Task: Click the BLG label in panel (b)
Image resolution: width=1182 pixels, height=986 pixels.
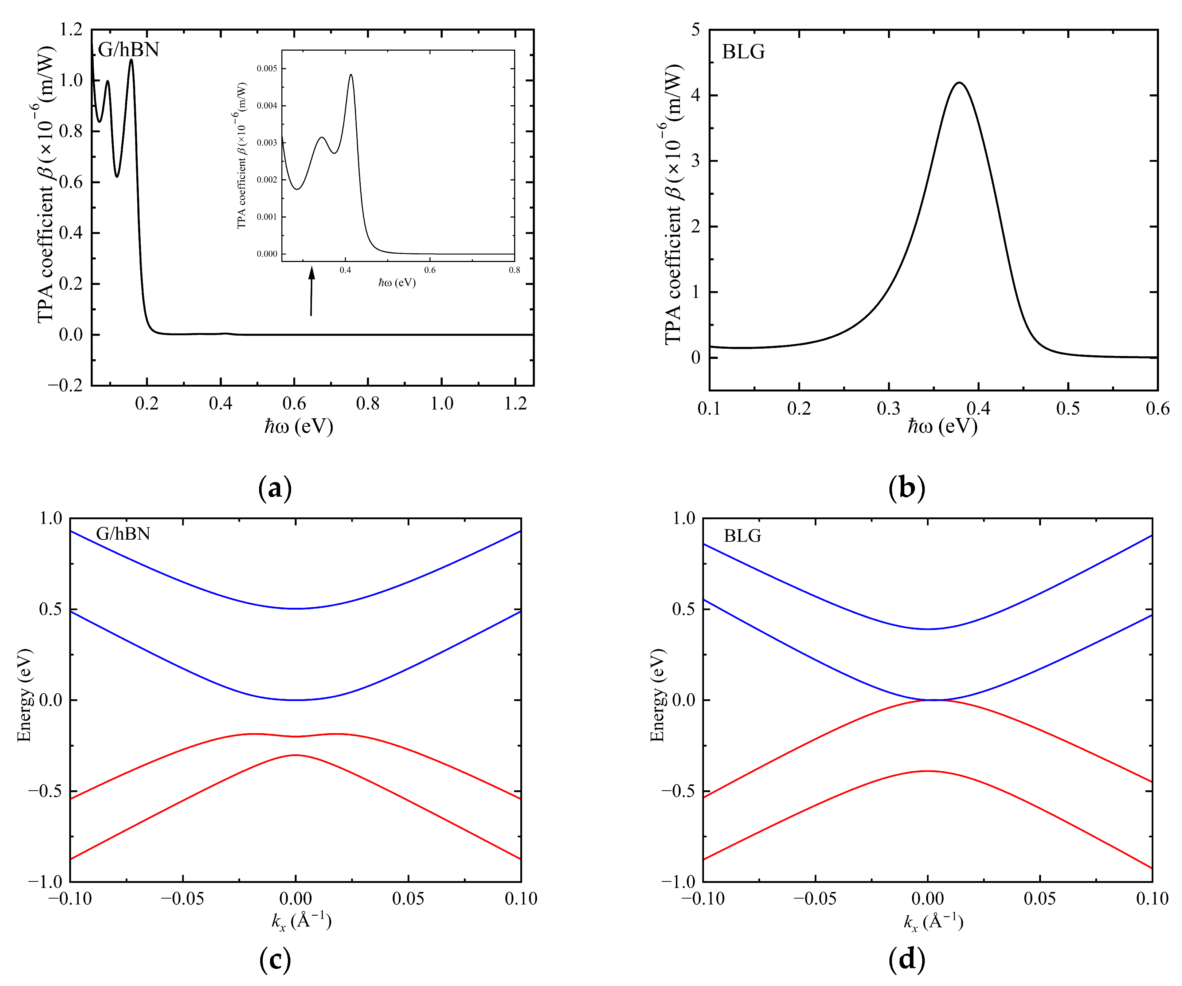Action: pyautogui.click(x=744, y=52)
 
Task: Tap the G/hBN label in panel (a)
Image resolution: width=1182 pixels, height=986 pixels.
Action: pyautogui.click(x=128, y=50)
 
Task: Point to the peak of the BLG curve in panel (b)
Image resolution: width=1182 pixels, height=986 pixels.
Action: pyautogui.click(x=959, y=83)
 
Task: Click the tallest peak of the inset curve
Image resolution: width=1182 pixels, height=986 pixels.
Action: pyautogui.click(x=351, y=75)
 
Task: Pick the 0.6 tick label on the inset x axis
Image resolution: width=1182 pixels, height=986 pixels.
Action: pyautogui.click(x=430, y=270)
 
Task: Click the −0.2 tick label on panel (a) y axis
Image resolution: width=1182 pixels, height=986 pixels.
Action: pyautogui.click(x=65, y=386)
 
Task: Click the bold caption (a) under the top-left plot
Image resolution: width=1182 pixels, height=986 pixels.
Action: pyautogui.click(x=275, y=488)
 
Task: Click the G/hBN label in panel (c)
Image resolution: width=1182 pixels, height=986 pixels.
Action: pyautogui.click(x=123, y=533)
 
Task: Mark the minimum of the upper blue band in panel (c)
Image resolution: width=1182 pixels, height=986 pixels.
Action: pyautogui.click(x=295, y=609)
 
